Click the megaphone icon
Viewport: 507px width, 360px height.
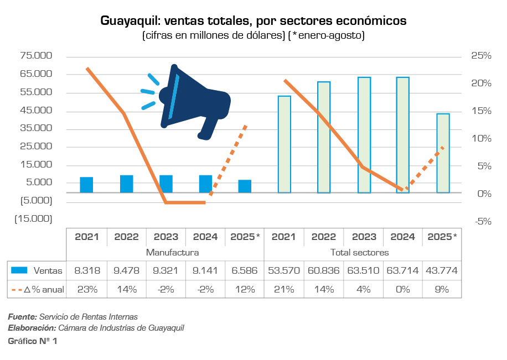(188, 102)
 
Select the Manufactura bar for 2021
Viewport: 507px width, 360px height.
(86, 185)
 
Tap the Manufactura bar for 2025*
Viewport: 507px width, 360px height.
(245, 186)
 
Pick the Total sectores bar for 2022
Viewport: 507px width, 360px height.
(324, 137)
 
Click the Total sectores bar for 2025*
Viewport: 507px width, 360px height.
(443, 153)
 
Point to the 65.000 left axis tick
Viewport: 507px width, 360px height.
(36, 74)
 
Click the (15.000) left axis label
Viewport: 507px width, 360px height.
(33, 218)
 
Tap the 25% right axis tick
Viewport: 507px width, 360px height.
(481, 56)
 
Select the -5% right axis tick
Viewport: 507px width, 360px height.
(481, 221)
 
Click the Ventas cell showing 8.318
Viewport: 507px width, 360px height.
(86, 271)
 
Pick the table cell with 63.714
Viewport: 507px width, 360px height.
(402, 271)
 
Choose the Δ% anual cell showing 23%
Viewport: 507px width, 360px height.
(86, 289)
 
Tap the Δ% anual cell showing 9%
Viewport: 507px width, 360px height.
(442, 289)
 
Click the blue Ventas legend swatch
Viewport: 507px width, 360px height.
(20, 271)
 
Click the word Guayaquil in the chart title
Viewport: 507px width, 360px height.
(129, 21)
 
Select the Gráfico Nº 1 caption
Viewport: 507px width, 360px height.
(32, 341)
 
